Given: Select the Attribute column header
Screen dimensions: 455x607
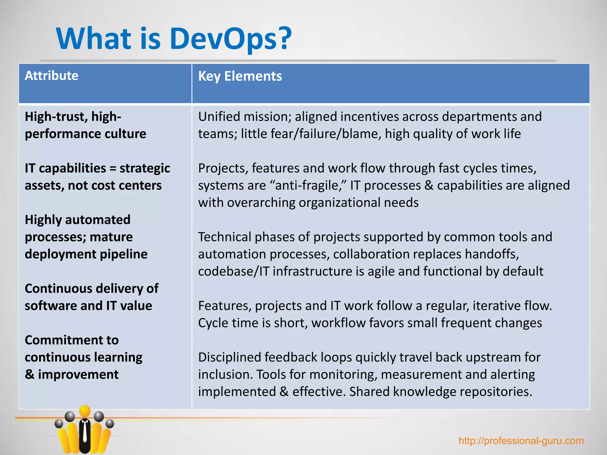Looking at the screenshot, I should pyautogui.click(x=52, y=76).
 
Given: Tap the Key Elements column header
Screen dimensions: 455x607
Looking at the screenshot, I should pyautogui.click(x=240, y=76).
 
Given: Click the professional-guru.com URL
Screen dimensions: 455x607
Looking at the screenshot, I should pyautogui.click(x=521, y=441).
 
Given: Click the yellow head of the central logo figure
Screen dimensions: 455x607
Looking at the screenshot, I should pyautogui.click(x=85, y=411).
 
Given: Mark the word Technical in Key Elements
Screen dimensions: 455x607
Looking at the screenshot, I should pyautogui.click(x=224, y=237).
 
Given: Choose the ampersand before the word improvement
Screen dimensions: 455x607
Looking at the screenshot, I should pyautogui.click(x=29, y=375).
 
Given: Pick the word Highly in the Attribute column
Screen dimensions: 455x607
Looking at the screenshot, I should pyautogui.click(x=43, y=220).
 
